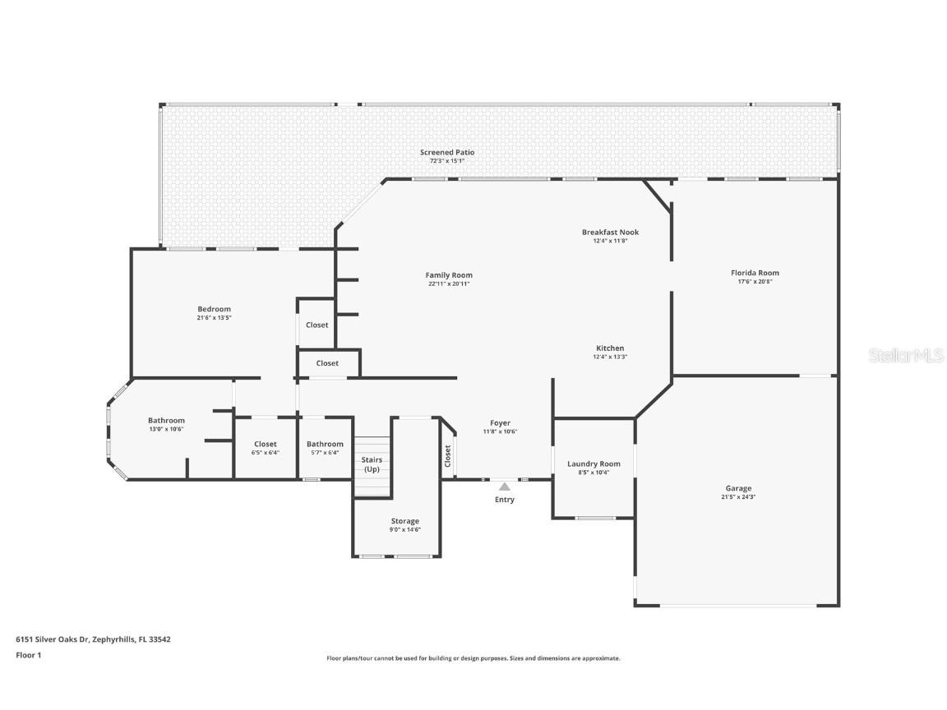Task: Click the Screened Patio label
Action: tap(447, 152)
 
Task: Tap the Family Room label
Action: tap(449, 275)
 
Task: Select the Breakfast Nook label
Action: tap(610, 233)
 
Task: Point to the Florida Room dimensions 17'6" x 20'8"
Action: tap(755, 282)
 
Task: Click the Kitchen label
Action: tap(610, 348)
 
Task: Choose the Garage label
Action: tap(738, 488)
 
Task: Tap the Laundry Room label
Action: tap(594, 463)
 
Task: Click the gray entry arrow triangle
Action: tap(504, 486)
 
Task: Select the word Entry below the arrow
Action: tap(504, 500)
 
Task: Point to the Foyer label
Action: tap(500, 423)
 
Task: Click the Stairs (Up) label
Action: tap(372, 464)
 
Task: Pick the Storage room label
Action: tap(404, 521)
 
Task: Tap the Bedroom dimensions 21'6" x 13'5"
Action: tap(214, 317)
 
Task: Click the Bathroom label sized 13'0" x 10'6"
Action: tap(166, 421)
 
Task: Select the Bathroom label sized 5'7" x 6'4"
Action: tap(325, 444)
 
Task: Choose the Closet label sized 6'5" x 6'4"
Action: tap(266, 444)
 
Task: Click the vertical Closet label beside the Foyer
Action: tap(448, 456)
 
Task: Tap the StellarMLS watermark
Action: tap(906, 355)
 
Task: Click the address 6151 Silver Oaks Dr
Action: tap(53, 639)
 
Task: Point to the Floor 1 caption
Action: tap(28, 655)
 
